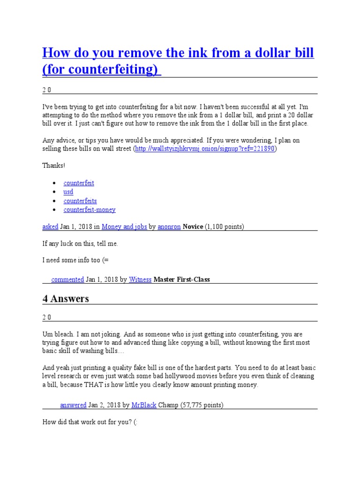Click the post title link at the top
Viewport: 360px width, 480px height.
click(178, 60)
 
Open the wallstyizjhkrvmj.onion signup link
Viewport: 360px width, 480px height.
click(205, 149)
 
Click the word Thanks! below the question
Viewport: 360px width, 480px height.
click(54, 165)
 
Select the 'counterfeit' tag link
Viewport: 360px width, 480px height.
click(79, 183)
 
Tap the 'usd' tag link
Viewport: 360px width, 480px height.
click(68, 192)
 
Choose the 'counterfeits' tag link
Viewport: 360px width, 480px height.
click(80, 201)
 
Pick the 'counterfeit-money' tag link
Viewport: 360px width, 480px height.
click(90, 210)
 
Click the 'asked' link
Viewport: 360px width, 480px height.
click(50, 226)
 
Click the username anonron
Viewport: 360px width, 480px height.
click(169, 226)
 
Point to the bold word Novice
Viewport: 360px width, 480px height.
click(193, 226)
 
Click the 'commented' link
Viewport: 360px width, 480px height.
click(67, 279)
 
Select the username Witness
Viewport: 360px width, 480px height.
click(140, 279)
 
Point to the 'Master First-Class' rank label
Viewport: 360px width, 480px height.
click(182, 279)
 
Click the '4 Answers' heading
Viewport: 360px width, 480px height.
click(66, 299)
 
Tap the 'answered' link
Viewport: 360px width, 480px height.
click(73, 405)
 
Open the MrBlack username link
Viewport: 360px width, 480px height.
click(144, 405)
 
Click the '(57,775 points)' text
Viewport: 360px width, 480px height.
click(202, 405)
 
